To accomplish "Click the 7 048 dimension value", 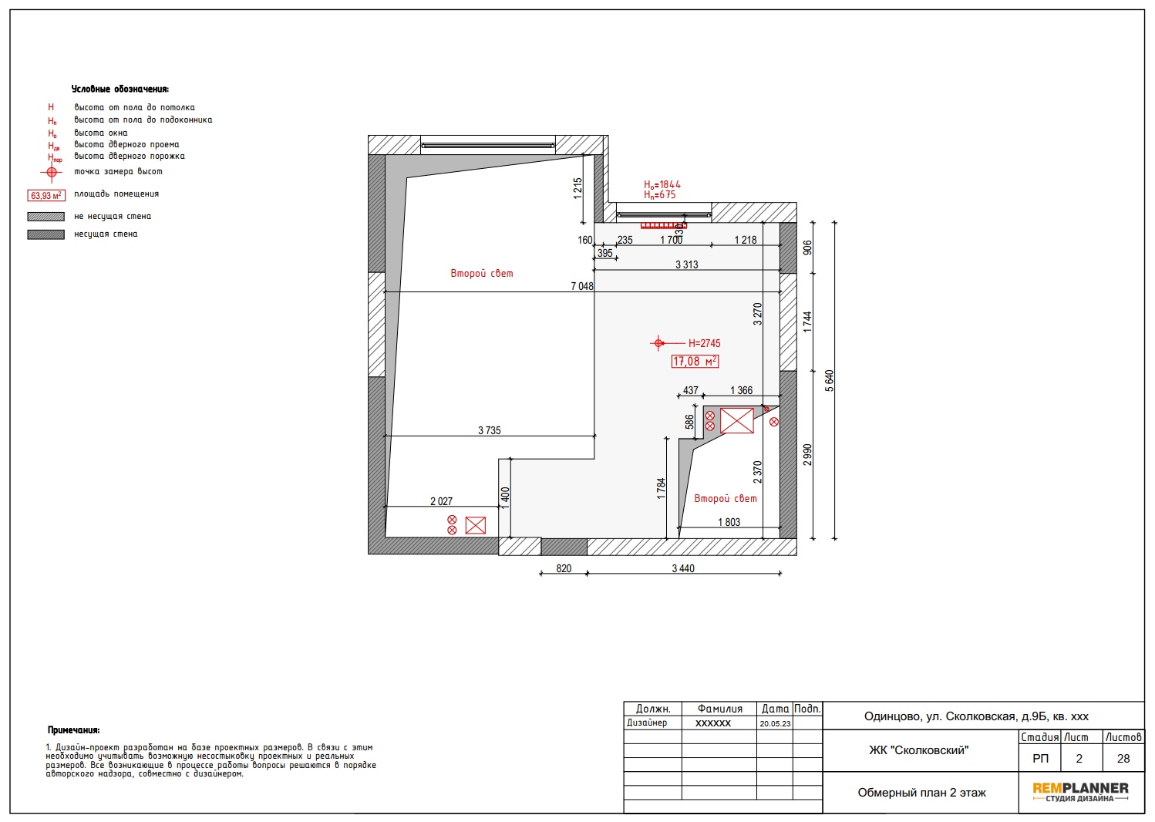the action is click(581, 286).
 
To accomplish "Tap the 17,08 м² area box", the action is click(695, 362).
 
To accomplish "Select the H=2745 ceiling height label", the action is click(705, 343).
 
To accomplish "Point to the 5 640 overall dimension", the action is click(829, 381).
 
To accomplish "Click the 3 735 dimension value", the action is click(490, 430).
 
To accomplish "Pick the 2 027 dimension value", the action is click(441, 501).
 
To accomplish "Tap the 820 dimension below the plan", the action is click(564, 568).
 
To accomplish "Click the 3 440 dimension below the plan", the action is click(683, 568).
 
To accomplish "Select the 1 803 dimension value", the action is click(729, 522).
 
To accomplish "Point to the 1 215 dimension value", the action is click(577, 189).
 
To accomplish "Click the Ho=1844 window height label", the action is click(662, 184).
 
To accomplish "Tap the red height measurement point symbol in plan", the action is click(658, 343).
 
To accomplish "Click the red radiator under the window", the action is click(664, 225).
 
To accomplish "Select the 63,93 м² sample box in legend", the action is click(46, 195).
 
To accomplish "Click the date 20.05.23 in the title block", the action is click(775, 723).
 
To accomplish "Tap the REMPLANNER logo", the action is click(1080, 792).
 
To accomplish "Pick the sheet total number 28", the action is click(1123, 759).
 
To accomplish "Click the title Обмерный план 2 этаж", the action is click(921, 793).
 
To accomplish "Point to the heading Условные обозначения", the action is click(120, 89).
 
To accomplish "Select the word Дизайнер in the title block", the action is click(647, 723).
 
